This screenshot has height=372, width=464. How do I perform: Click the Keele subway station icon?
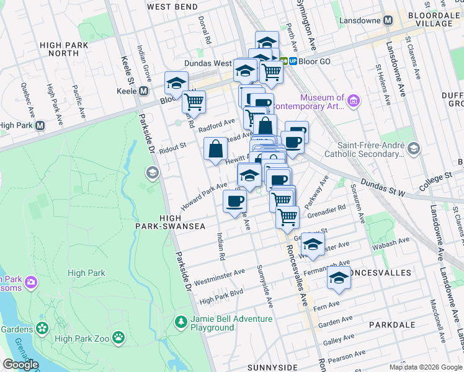coord(143,91)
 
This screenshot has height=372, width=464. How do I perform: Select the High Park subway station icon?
coord(40,125)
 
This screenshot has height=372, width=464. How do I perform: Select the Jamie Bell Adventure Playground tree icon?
coord(181,322)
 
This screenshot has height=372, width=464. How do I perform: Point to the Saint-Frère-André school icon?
coord(414,148)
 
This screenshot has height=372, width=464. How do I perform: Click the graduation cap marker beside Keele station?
coord(176,83)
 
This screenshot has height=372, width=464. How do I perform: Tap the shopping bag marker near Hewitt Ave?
coord(216,149)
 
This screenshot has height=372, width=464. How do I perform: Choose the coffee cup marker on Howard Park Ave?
coord(234,201)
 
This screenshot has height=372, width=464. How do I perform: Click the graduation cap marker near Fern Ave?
coord(339,279)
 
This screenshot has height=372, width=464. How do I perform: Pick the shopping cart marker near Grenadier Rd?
coord(287,217)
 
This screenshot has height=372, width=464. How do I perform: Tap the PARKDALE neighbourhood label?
coord(391,324)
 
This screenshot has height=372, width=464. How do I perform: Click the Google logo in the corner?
coord(21,365)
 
